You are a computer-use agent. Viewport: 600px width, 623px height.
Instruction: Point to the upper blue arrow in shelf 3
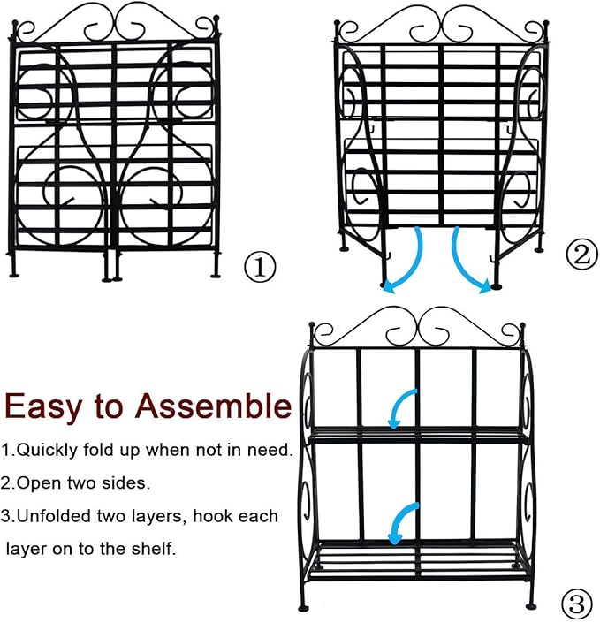402,406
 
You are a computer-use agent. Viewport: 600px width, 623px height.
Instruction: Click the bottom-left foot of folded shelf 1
12,273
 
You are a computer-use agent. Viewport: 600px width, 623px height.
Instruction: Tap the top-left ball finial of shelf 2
338,21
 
